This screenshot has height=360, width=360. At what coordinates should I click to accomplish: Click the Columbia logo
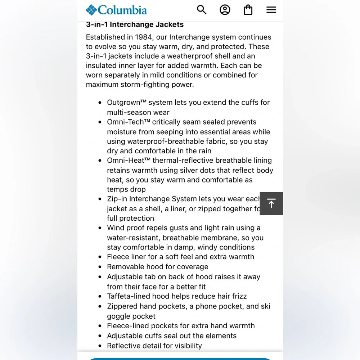pyautogui.click(x=116, y=10)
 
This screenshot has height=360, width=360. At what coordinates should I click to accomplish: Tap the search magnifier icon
pyautogui.click(x=202, y=10)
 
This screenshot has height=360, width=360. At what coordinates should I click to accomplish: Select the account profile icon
pyautogui.click(x=225, y=10)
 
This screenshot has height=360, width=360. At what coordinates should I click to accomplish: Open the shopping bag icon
pyautogui.click(x=248, y=10)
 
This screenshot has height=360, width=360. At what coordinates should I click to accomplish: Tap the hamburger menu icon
pyautogui.click(x=271, y=10)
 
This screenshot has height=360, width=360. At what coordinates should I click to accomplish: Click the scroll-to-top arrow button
pyautogui.click(x=271, y=203)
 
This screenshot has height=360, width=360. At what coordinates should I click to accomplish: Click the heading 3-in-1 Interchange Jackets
pyautogui.click(x=135, y=24)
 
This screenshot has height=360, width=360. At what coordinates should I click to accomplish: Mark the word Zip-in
pyautogui.click(x=117, y=199)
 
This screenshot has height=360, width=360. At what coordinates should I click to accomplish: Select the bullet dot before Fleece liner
pyautogui.click(x=100, y=257)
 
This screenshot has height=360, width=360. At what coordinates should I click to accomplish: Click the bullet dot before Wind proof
pyautogui.click(x=100, y=228)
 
